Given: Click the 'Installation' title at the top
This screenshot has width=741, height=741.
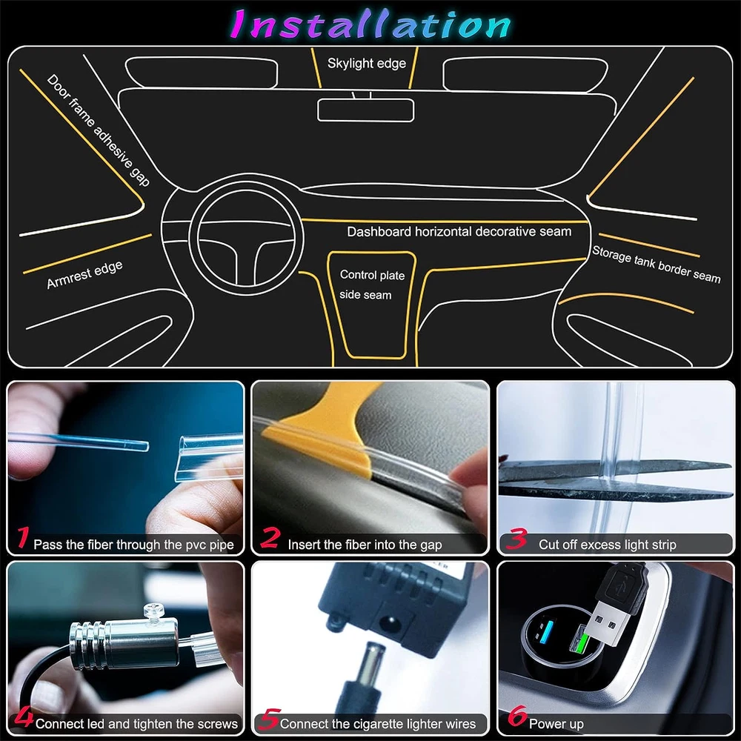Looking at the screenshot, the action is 370,24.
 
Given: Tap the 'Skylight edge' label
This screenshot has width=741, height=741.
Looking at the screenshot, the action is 366,63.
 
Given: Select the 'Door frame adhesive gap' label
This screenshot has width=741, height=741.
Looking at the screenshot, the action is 99,130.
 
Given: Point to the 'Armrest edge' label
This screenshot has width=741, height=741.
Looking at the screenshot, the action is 84,275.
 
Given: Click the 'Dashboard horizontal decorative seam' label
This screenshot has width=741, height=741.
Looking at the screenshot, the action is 459,231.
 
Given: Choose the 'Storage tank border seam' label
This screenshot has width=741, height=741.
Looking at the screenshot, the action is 657,265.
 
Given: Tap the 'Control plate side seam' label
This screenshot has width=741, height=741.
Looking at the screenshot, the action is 371,285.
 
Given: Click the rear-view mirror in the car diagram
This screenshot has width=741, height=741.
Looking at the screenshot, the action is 365,110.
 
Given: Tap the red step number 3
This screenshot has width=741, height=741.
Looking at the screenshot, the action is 516,538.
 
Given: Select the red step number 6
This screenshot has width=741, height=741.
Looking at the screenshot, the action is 517,716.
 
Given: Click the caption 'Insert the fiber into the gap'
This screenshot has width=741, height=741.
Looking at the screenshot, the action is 365,545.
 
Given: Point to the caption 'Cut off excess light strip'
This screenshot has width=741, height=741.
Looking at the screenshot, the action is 608,545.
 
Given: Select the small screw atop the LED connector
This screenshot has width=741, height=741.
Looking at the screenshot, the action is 153,611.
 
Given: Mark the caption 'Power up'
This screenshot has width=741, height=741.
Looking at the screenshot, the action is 556,723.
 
